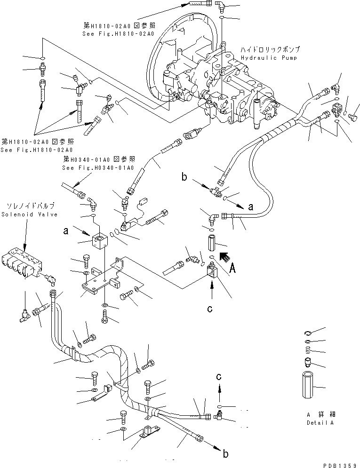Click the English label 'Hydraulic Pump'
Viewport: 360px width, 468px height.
coord(270,57)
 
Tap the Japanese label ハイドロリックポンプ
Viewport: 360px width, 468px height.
coord(270,49)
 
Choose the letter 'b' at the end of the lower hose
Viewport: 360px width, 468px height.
coord(225,454)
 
